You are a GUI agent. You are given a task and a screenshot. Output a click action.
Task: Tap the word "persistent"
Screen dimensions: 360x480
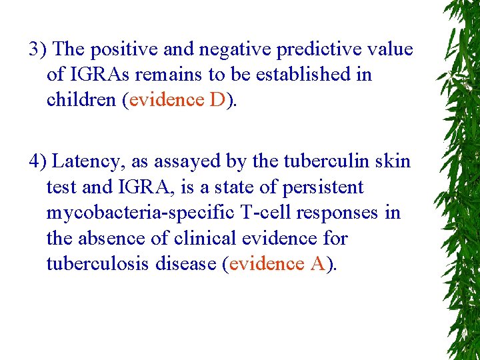pyautogui.click(x=323, y=187)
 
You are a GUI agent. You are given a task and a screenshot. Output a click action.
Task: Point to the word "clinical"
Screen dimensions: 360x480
pyautogui.click(x=203, y=238)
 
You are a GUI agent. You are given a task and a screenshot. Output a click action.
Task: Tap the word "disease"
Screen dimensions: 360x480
pyautogui.click(x=189, y=263)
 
